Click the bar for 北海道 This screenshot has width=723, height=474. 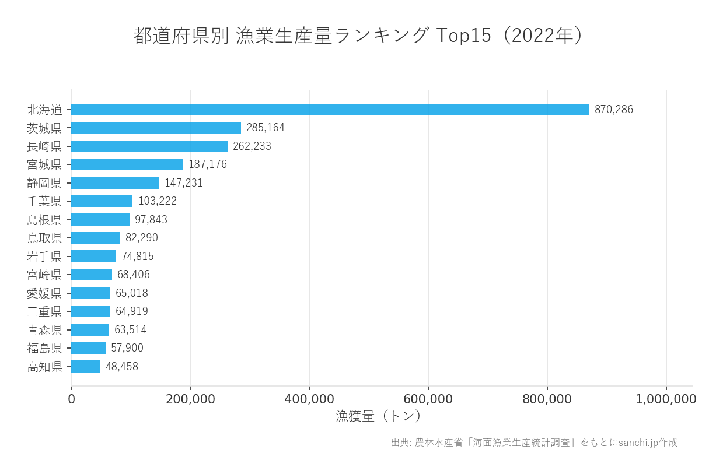coord(330,110)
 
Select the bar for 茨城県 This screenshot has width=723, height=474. coord(156,128)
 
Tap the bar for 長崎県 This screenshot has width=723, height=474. coord(149,146)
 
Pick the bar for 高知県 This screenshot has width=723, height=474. coord(86,367)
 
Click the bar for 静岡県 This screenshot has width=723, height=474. coord(115,183)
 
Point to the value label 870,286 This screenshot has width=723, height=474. coord(613,110)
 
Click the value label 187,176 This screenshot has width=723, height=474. coord(207,164)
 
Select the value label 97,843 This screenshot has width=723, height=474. coord(151,220)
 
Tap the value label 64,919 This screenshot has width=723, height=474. coord(131,311)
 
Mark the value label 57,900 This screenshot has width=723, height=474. coord(127,348)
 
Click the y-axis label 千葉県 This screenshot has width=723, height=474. coord(44,201)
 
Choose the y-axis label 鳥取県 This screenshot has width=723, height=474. coord(44,238)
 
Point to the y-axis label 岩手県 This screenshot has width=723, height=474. coord(44,257)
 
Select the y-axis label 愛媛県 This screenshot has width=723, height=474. coord(44,293)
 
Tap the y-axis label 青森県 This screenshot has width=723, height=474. coord(44,330)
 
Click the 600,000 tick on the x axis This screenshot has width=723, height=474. coord(428,399)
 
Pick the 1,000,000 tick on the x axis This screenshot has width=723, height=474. coord(666,399)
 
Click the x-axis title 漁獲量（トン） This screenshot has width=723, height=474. coord(379,416)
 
